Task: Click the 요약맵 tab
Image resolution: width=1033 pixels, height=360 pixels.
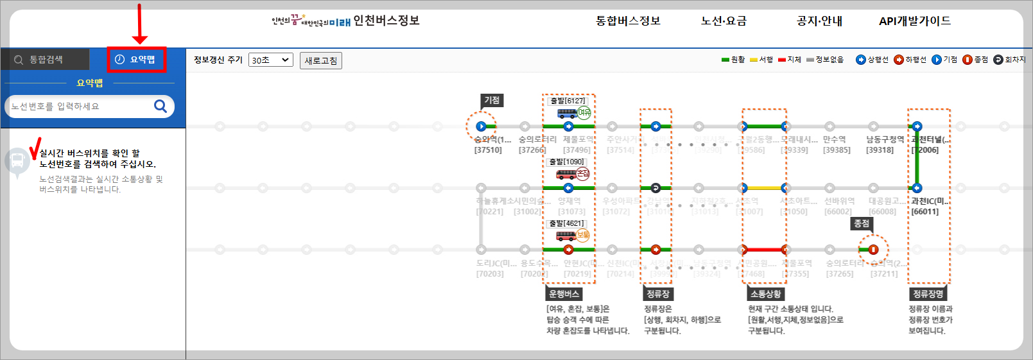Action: pyautogui.click(x=136, y=60)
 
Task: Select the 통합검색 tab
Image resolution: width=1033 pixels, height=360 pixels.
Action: pyautogui.click(x=45, y=60)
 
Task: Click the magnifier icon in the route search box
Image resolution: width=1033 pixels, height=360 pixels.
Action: pyautogui.click(x=161, y=106)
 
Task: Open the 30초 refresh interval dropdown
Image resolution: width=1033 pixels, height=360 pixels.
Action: pyautogui.click(x=270, y=60)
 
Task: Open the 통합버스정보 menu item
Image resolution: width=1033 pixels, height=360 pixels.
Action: pyautogui.click(x=628, y=21)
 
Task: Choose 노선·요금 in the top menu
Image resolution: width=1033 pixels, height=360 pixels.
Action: pyautogui.click(x=724, y=21)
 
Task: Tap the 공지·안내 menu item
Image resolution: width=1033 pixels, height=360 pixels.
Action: pyautogui.click(x=819, y=21)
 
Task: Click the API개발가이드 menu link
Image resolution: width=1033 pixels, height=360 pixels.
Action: pyautogui.click(x=915, y=21)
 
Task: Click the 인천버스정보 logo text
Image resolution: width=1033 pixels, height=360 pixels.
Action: pyautogui.click(x=386, y=21)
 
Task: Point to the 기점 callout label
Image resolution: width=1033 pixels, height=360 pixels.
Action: pyautogui.click(x=492, y=100)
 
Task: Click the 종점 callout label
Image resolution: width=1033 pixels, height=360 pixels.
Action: pyautogui.click(x=862, y=223)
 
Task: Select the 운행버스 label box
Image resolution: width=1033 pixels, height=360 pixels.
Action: pyautogui.click(x=564, y=294)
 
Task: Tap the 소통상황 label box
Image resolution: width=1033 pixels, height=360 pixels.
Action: pyautogui.click(x=766, y=294)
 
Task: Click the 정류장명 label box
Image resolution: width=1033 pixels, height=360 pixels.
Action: pyautogui.click(x=928, y=294)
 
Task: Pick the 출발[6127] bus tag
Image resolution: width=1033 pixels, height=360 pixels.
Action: pyautogui.click(x=568, y=101)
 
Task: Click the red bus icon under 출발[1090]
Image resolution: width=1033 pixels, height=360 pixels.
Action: pyautogui.click(x=566, y=175)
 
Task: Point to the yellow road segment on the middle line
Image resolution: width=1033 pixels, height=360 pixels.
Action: pyautogui.click(x=764, y=188)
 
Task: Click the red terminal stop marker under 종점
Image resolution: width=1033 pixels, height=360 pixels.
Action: pyautogui.click(x=873, y=250)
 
